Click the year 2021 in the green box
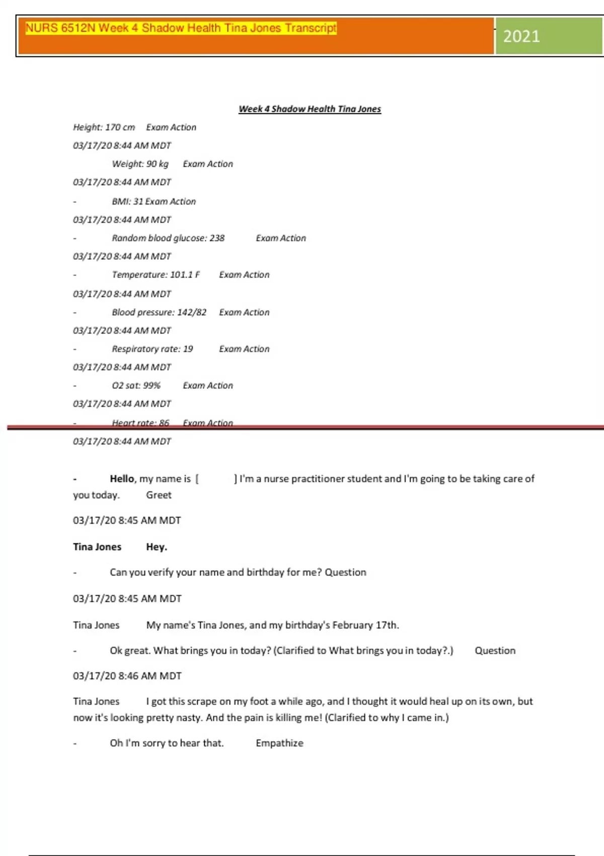click(521, 36)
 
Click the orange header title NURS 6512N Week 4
click(181, 28)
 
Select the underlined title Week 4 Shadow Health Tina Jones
click(310, 109)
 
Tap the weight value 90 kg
click(157, 164)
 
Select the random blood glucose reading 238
click(217, 238)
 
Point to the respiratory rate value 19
click(188, 349)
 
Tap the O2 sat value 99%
click(150, 385)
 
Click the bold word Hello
click(122, 479)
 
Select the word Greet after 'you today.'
click(159, 495)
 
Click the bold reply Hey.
click(157, 547)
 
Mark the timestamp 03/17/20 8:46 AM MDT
click(127, 676)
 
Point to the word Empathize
click(279, 743)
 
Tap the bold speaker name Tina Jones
click(97, 547)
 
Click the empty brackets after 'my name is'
click(216, 479)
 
